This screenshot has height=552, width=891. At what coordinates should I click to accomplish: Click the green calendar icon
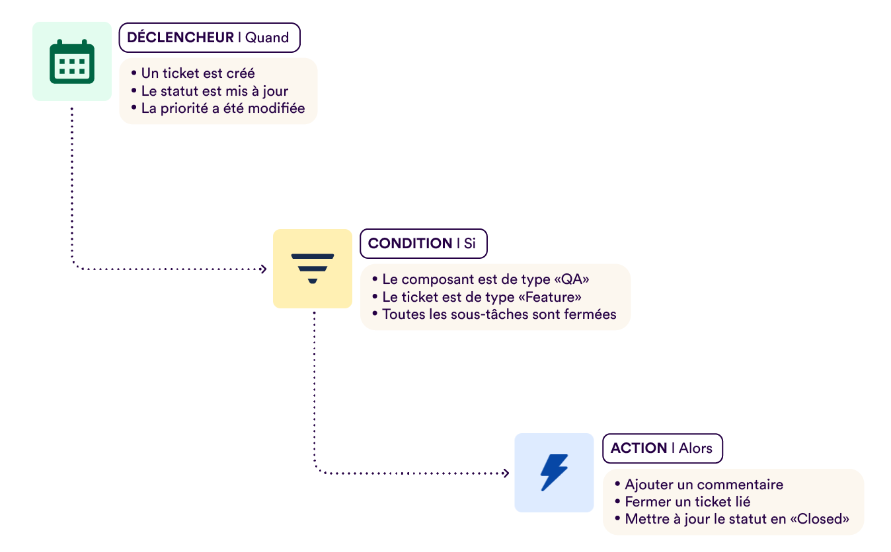72,61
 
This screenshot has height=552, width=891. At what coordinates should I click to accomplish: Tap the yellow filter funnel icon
313,268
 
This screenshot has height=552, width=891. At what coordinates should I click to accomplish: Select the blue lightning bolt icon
554,472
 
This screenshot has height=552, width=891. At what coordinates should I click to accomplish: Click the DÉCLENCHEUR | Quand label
209,38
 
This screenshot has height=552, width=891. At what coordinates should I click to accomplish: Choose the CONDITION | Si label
422,243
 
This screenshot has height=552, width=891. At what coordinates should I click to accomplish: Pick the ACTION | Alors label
662,448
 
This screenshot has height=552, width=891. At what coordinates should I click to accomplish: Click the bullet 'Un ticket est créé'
198,73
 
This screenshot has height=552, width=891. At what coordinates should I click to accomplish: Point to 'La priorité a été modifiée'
223,108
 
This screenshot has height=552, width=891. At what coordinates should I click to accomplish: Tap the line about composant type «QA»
485,279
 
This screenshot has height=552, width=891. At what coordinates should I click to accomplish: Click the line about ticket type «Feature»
482,297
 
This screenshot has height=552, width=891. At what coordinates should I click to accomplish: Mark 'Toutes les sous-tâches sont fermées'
499,314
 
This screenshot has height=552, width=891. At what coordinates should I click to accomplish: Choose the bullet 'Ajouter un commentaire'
703,485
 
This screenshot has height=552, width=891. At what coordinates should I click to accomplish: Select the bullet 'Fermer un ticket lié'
687,502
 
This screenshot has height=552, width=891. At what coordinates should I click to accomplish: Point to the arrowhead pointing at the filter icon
264,269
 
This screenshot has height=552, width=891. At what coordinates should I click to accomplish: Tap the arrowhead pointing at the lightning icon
506,473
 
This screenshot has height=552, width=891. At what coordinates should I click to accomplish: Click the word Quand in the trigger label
268,38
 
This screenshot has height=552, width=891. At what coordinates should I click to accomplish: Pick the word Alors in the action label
696,448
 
